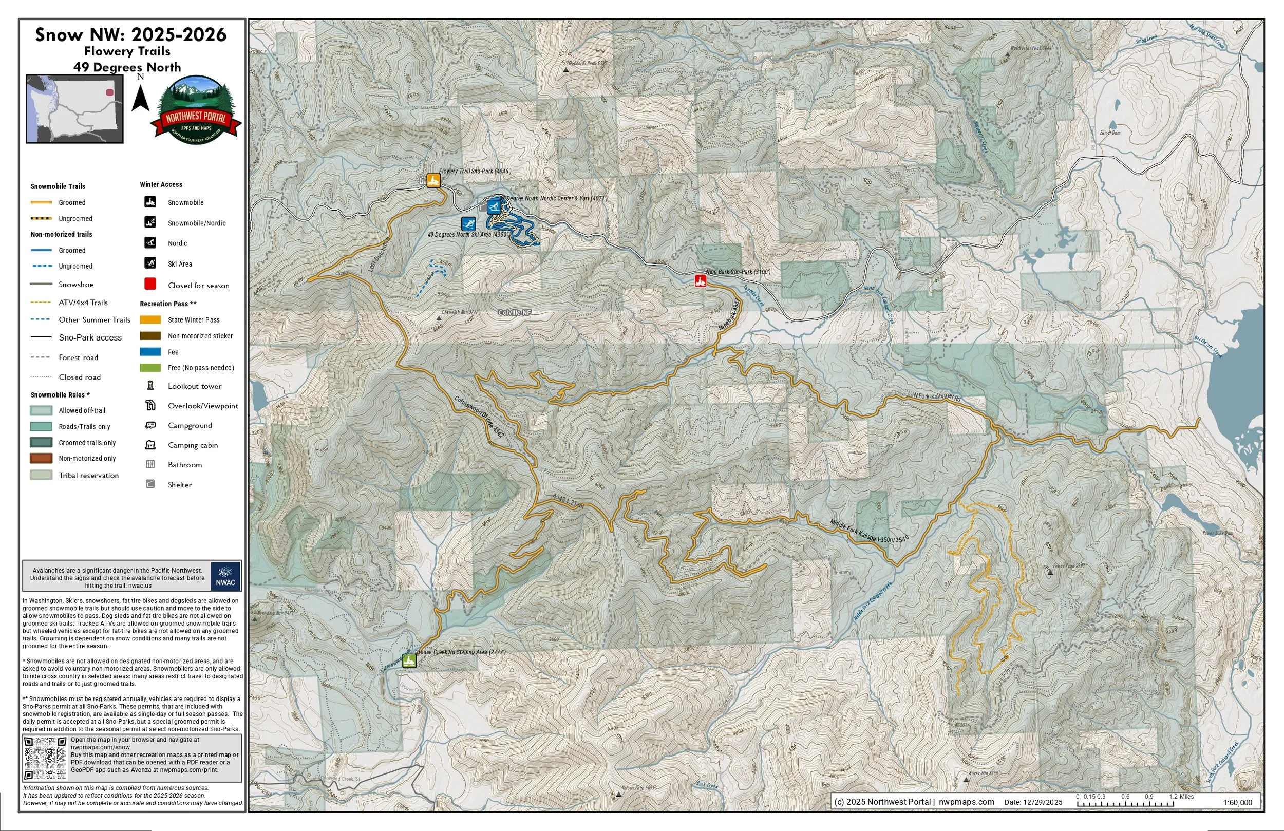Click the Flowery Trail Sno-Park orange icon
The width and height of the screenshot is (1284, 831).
tap(433, 180)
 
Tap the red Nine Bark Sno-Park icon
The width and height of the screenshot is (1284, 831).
tap(700, 280)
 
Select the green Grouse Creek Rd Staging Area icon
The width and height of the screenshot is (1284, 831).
tap(409, 661)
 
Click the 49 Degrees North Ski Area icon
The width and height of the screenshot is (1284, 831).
tap(468, 223)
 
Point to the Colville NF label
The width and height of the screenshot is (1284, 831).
tap(514, 312)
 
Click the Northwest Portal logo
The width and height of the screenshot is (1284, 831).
tap(196, 110)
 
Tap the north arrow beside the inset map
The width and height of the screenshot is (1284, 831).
tap(141, 97)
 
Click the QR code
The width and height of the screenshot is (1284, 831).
tap(45, 758)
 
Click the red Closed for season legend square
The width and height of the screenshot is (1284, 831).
tap(150, 284)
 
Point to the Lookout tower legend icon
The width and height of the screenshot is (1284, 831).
tap(150, 386)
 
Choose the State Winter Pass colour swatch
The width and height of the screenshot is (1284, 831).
tap(150, 319)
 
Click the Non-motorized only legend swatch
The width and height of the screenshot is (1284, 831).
tap(41, 458)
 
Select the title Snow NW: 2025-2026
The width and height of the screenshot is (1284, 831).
tap(130, 35)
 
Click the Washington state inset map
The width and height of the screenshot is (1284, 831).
tap(74, 109)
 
